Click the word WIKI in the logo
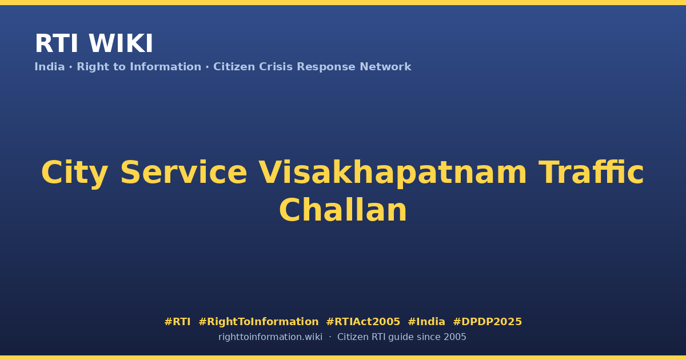pos(121,43)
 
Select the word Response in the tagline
pos(326,67)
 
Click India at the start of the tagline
pos(50,67)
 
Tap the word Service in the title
pos(184,173)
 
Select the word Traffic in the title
pos(591,172)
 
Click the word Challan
pos(343,210)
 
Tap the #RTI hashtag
pos(177,322)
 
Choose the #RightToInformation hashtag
pos(258,322)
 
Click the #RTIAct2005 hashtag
pos(363,322)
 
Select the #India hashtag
pos(426,322)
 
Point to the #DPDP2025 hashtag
pos(487,322)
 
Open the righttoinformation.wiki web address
pos(270,337)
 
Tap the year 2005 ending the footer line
pos(455,337)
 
